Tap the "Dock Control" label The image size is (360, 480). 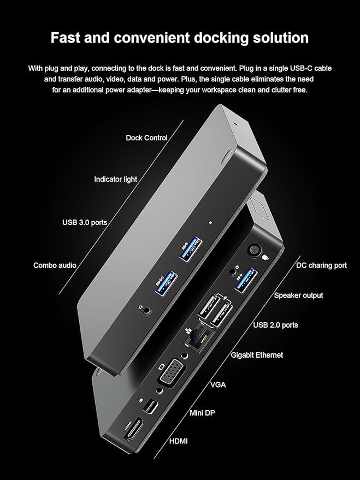(146, 138)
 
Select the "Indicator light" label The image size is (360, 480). (115, 179)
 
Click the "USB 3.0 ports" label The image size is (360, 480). (85, 222)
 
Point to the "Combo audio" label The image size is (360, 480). (55, 265)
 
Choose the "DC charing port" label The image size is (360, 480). (321, 265)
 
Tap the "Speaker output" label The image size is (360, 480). (298, 295)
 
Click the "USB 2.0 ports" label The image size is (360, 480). (275, 325)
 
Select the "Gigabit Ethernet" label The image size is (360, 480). (257, 355)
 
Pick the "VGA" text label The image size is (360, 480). (218, 385)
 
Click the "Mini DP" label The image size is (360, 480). (202, 413)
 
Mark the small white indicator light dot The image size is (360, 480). (211, 223)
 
